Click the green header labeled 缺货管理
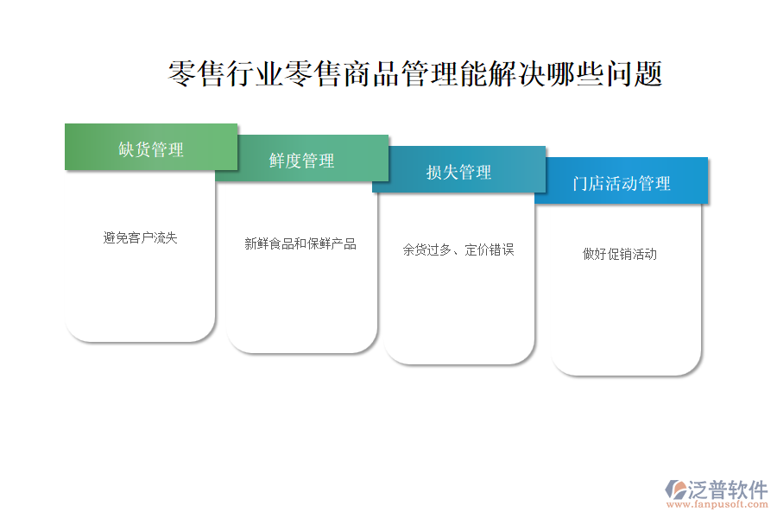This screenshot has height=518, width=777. coord(151,148)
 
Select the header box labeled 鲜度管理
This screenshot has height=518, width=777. coord(302,158)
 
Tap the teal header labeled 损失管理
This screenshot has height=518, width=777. coord(459,169)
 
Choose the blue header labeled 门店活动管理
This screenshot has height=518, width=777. coord(622,181)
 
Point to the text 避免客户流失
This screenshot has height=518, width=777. coord(140,238)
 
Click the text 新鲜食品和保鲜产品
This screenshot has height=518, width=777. coord(300,243)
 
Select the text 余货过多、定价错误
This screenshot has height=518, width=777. coord(458,250)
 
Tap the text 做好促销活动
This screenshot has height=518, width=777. coord(619,255)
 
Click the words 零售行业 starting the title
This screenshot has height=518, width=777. coord(226,74)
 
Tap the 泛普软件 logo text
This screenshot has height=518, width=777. coord(728,490)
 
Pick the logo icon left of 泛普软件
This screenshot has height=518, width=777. coord(676,490)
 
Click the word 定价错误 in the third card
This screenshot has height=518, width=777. coord(490,250)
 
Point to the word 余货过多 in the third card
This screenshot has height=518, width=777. coord(427,250)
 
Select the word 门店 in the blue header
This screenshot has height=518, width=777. coord(589,183)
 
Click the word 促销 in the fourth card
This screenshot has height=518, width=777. coord(619,255)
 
